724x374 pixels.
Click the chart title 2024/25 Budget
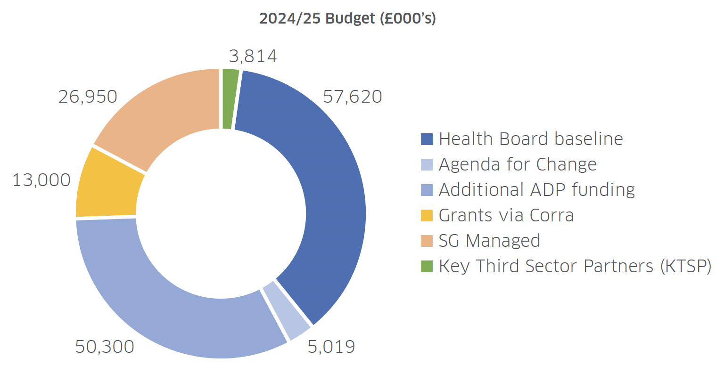(347, 19)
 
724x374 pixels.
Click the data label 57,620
(352, 97)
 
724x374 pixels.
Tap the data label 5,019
(331, 347)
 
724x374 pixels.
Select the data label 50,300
(105, 347)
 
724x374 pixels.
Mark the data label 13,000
(41, 180)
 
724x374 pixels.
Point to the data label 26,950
(88, 97)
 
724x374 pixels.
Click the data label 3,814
(253, 56)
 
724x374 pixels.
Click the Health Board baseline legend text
(531, 139)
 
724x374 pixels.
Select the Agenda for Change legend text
(518, 164)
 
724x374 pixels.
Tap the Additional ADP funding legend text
(537, 190)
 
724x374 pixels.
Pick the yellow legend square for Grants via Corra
(427, 215)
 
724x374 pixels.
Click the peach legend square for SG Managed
(427, 241)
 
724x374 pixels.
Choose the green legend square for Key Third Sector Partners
(427, 266)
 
